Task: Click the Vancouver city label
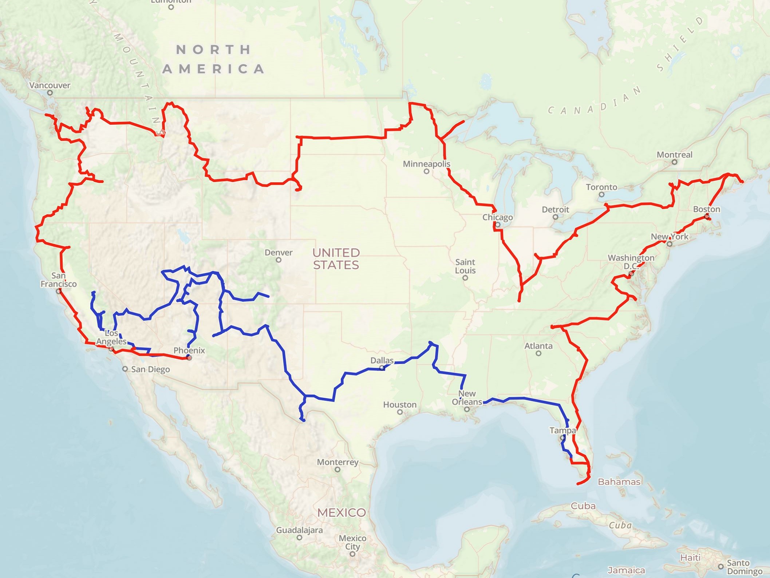point(50,85)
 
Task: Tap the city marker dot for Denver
point(279,260)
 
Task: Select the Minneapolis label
point(426,164)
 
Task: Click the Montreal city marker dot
point(674,162)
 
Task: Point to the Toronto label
point(601,187)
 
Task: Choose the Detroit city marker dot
point(555,217)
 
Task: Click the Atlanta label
point(538,346)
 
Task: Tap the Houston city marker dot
point(400,412)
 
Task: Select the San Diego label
point(150,369)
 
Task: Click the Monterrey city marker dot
point(337,469)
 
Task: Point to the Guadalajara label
point(299,530)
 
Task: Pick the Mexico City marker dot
point(352,554)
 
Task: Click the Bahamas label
point(619,482)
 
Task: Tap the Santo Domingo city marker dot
point(720,567)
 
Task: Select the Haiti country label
point(690,558)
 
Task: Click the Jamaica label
point(626,570)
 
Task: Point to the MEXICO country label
point(341,512)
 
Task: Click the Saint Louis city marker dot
point(465,278)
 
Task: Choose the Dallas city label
point(382,360)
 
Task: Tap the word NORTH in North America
point(214,50)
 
